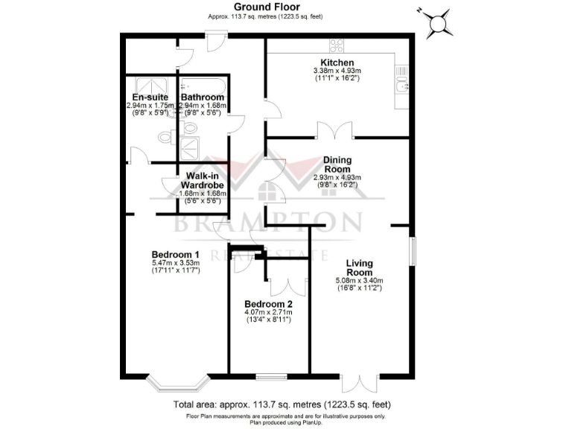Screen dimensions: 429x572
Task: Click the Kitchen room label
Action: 337,62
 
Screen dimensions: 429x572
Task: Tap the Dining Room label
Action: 337,165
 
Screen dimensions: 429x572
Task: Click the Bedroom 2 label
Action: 268,305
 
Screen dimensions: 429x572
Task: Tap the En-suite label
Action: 150,98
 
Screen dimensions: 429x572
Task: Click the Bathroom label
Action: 203,98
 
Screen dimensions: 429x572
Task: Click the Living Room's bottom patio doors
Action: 360,381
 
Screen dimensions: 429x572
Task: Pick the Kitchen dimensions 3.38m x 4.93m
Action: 337,71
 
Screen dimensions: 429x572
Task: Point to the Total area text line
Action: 282,404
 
